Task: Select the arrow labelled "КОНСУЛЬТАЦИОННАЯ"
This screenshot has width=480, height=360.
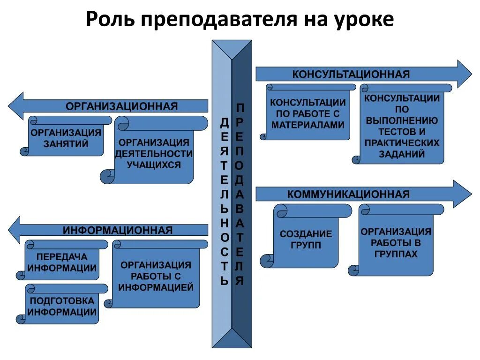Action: pos(351,74)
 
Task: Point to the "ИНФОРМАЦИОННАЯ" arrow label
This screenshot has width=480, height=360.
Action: pos(118,230)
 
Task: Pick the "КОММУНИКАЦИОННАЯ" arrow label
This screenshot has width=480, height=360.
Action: pos(348,194)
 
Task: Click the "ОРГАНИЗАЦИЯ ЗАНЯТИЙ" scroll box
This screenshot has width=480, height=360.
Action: pos(66,138)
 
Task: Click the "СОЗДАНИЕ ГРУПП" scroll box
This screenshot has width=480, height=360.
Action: pos(306,240)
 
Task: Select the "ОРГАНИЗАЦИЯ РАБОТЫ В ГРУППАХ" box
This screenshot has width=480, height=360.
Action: pos(396,243)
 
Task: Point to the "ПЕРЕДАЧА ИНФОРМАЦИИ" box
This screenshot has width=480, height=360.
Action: pos(62,262)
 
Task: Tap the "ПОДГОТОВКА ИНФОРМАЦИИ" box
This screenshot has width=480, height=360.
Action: pos(62,306)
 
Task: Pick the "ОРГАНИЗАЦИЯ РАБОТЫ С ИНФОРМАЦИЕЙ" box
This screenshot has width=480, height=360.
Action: pos(156,277)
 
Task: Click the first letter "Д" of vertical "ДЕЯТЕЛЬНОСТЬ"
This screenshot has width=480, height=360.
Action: pos(225,123)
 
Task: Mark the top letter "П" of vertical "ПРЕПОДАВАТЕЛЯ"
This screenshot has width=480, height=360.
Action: pos(240,108)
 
